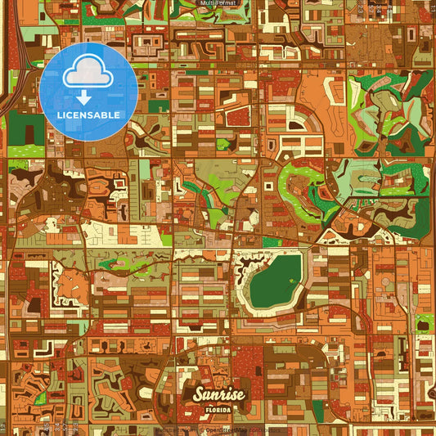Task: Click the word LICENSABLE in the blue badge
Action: [88, 115]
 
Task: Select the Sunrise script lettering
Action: [218, 393]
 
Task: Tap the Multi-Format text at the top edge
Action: [218, 3]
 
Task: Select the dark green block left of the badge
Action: [25, 128]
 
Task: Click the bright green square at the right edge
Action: [425, 322]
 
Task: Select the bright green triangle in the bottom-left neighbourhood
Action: [39, 398]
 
